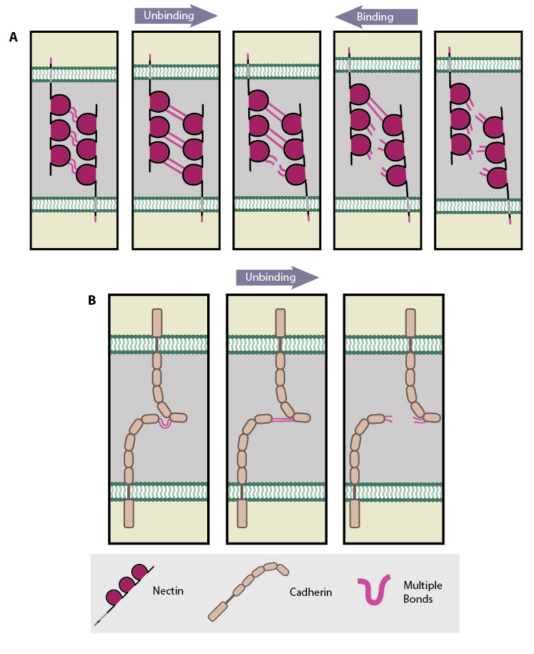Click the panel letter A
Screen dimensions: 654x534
(14, 38)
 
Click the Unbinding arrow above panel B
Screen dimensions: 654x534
(276, 277)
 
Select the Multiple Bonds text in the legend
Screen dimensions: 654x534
(414, 592)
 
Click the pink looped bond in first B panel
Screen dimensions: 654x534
(164, 424)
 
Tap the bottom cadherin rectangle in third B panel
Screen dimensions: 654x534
(355, 514)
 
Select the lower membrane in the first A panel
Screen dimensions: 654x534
(74, 204)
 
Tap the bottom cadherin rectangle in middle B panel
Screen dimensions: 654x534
(242, 514)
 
